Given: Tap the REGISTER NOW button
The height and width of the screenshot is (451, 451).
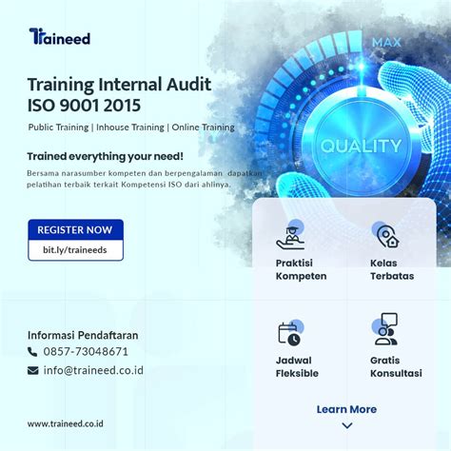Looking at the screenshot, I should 75,229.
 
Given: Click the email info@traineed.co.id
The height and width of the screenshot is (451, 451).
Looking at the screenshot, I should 92,370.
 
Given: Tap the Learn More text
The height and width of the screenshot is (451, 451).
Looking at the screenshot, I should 346,409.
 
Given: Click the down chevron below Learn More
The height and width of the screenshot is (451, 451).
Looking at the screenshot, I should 346,425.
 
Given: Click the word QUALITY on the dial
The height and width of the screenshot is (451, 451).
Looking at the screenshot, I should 362,147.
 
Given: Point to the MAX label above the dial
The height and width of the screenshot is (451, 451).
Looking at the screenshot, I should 386,43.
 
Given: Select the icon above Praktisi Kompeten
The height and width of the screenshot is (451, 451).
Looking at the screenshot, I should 290,236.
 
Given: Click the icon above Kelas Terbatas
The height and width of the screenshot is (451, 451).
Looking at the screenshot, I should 386,236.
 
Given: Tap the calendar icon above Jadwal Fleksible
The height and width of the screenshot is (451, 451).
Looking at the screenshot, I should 289,333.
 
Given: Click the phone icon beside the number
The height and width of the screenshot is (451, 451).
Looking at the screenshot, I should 33,352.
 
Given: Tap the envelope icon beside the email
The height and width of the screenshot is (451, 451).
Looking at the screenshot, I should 33,371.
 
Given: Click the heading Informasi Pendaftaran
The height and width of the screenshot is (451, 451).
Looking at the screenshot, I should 83,334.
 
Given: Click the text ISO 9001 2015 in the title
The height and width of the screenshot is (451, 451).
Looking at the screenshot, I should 85,105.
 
